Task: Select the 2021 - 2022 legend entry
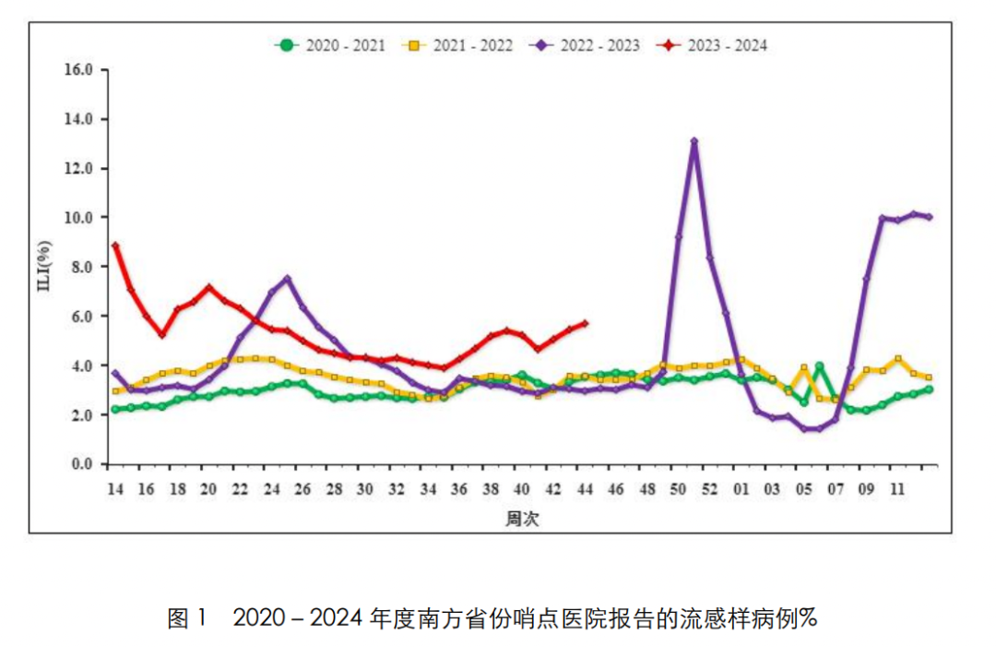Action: [x=459, y=44]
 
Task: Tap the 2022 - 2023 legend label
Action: [x=586, y=44]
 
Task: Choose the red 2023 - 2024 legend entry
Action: [x=712, y=44]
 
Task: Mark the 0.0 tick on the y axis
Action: [x=83, y=464]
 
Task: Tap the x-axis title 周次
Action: [x=521, y=519]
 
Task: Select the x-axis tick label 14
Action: [x=114, y=489]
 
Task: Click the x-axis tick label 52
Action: [x=708, y=489]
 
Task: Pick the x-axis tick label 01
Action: [x=740, y=489]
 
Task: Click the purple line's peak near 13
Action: [x=694, y=142]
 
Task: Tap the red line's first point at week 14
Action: [x=114, y=246]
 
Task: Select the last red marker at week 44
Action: [x=585, y=323]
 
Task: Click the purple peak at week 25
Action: [x=287, y=279]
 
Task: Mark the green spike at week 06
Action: [x=819, y=366]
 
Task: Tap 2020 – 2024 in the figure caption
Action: [x=298, y=617]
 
